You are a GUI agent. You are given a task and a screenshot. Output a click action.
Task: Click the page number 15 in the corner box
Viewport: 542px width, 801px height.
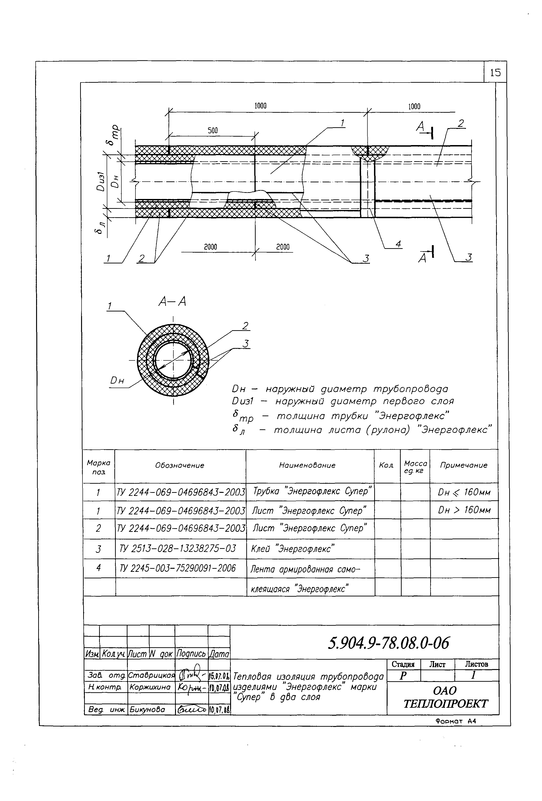coord(495,72)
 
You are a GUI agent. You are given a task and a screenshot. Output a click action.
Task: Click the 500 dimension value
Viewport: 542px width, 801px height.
coord(213,130)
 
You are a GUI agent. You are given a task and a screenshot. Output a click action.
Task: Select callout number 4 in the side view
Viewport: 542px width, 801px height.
coord(398,244)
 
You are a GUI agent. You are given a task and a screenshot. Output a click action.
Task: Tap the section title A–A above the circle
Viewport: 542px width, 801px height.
coord(172,302)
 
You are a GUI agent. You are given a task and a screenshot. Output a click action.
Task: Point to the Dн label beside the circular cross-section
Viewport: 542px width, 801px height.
coord(117,381)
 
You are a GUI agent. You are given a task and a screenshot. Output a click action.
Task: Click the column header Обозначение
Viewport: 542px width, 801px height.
coord(179,465)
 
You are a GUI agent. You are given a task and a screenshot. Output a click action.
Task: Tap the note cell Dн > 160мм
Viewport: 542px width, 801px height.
coord(464,510)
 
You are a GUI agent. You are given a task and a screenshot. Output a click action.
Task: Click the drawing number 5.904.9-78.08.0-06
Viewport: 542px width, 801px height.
coord(389,643)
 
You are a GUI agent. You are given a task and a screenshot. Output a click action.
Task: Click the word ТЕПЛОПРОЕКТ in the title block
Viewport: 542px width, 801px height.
coord(445,704)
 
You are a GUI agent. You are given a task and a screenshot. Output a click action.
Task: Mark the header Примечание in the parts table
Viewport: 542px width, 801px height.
coord(464,465)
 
